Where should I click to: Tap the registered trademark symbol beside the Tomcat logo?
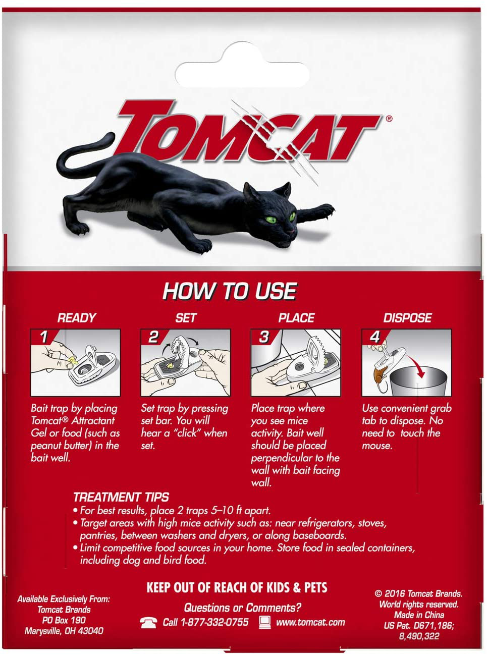coord(389,119)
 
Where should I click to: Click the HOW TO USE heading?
coord(230,291)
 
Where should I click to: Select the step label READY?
coord(77,318)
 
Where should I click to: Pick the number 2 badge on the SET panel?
coord(153,337)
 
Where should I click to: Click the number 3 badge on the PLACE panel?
coord(264,337)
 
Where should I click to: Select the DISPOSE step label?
coord(407,318)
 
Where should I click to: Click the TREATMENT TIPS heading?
coord(121,497)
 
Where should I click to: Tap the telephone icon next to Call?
coord(148,623)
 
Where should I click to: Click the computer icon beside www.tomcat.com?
coord(265,622)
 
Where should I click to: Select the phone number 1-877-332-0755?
coord(214,622)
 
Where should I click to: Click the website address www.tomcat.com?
coord(310,623)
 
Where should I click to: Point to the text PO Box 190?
coord(64,620)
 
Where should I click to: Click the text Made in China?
coord(419,615)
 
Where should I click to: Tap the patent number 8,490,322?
coord(419,636)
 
